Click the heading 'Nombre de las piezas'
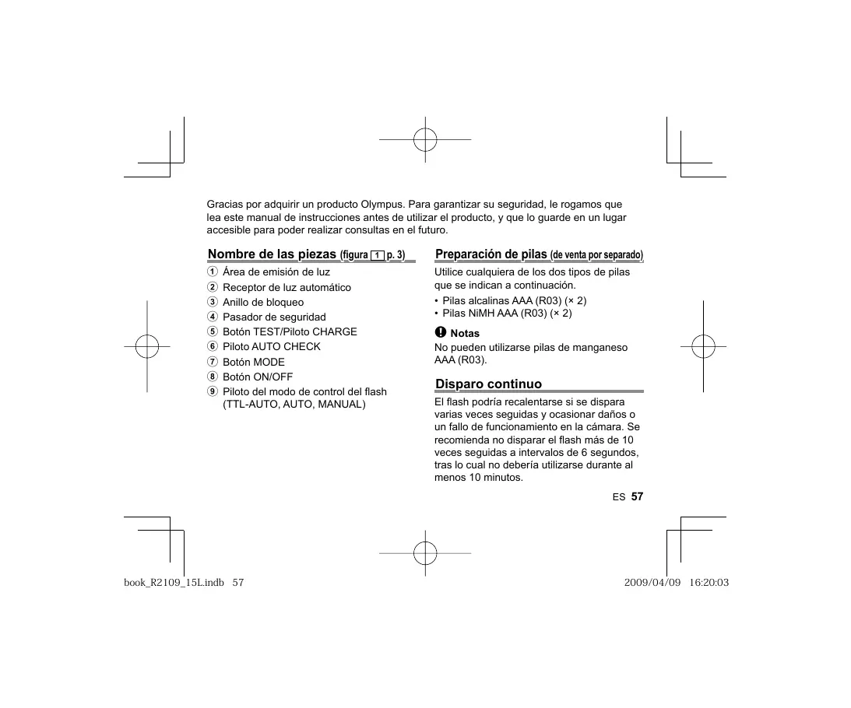coord(273,254)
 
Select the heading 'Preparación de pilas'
coord(491,254)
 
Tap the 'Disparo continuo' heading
coord(488,384)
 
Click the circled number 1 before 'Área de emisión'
coord(212,272)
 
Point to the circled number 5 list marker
coord(212,332)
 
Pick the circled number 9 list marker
coord(212,391)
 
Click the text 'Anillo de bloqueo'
coord(263,302)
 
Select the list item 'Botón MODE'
coord(254,362)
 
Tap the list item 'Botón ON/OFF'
coord(258,377)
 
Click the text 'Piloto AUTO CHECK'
coord(272,347)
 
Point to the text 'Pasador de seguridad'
coord(274,317)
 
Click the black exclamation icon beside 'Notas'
coord(440,333)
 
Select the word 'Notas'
coord(465,334)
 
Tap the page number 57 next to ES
coord(637,496)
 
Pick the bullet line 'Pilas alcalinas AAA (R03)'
coord(514,300)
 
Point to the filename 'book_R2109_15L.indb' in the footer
coord(174,584)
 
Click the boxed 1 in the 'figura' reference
coord(377,256)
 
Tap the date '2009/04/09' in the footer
coord(652,584)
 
